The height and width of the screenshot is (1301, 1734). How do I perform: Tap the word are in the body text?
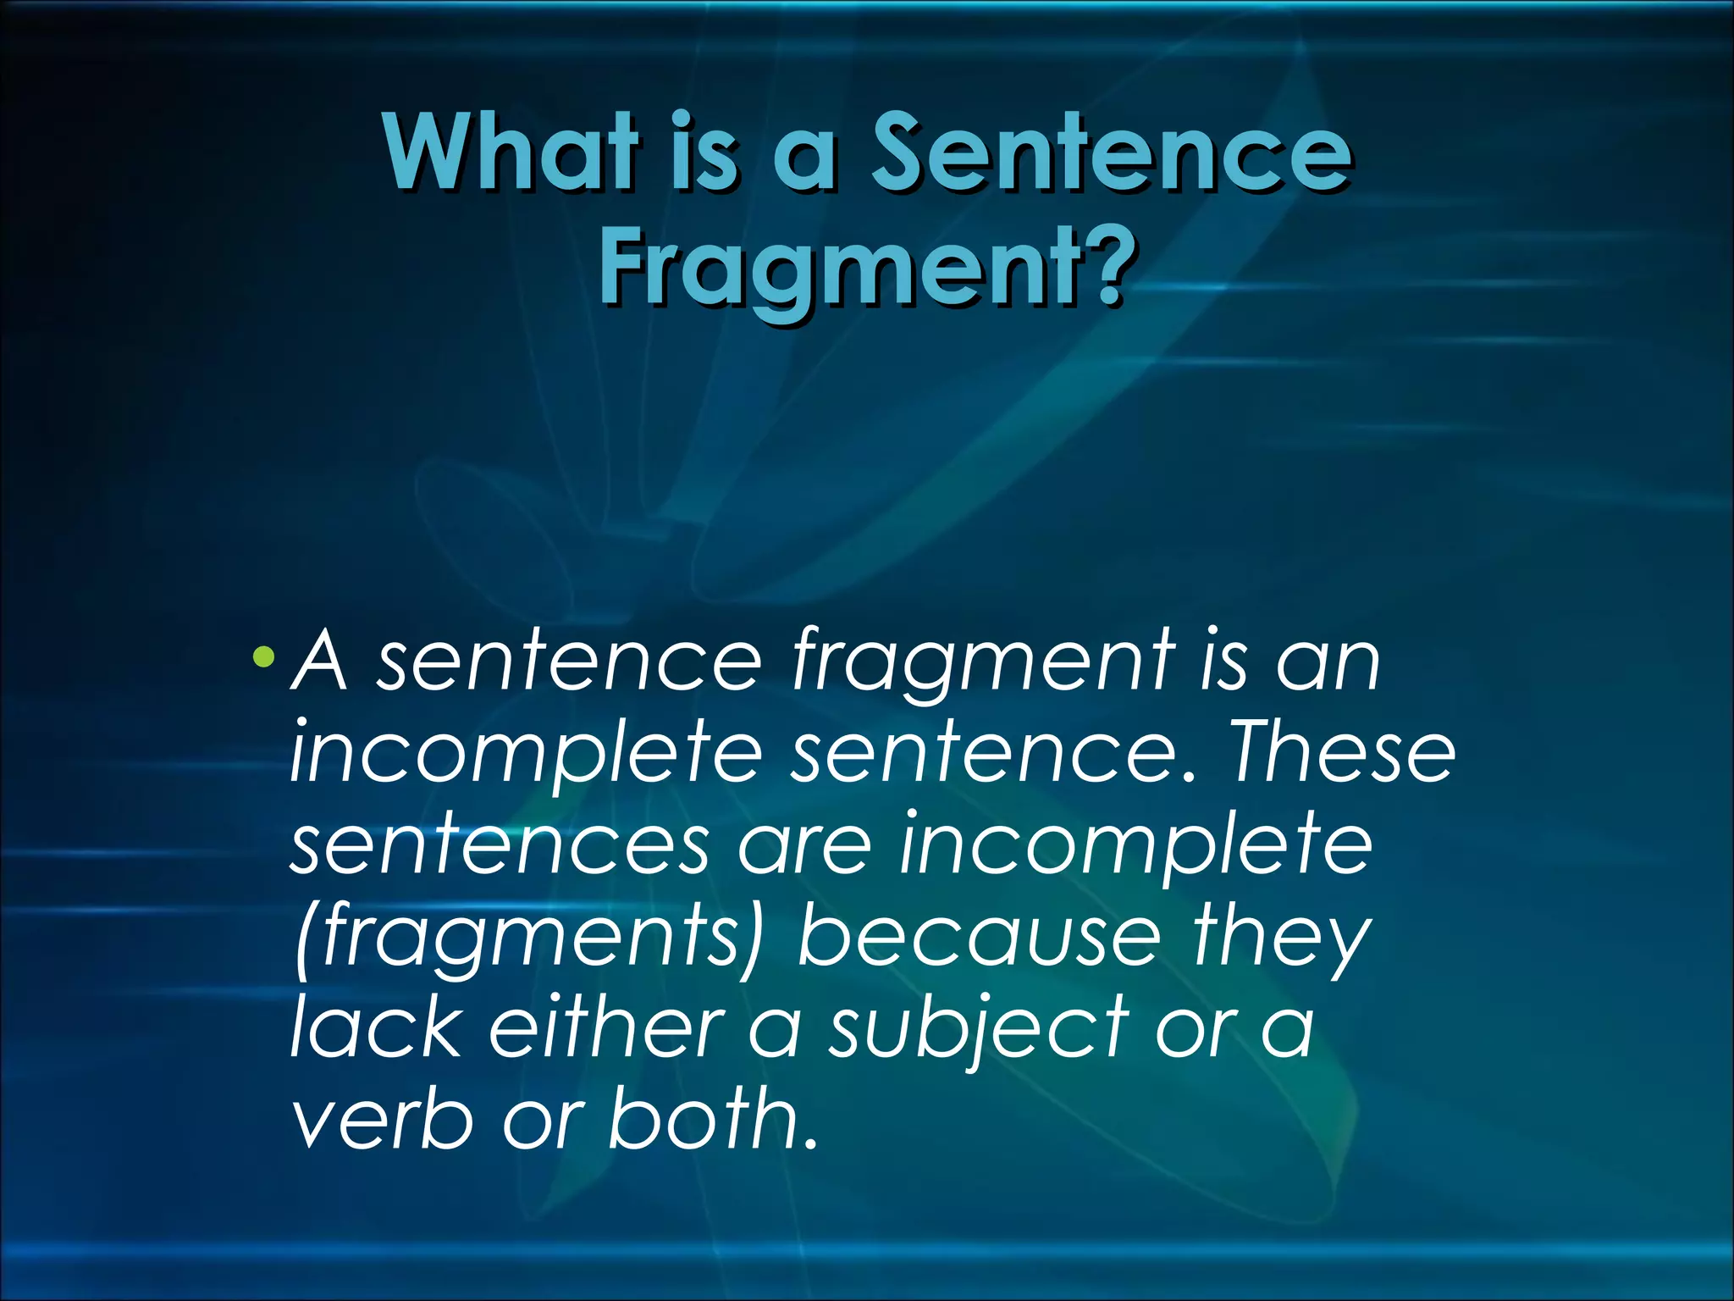(x=803, y=845)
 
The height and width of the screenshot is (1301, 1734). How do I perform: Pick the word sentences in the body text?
(x=500, y=845)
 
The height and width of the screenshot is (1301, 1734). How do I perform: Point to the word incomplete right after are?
(x=1135, y=845)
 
